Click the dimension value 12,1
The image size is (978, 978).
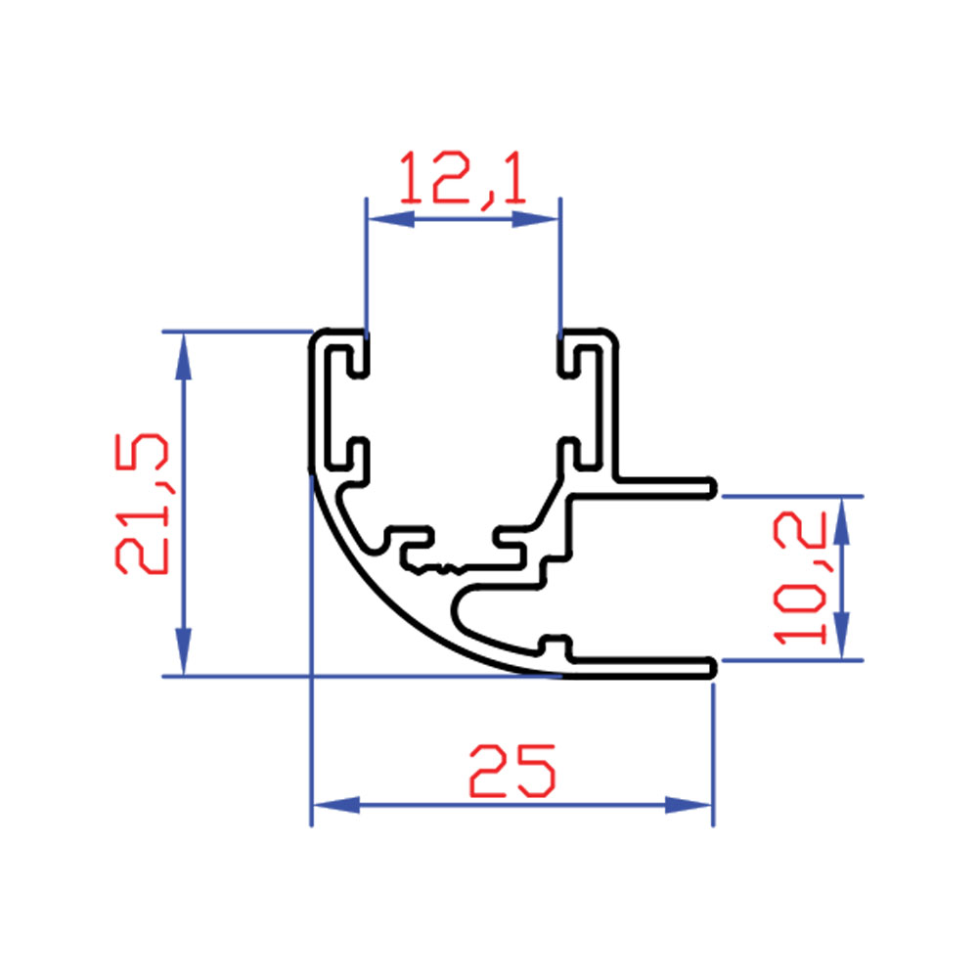(463, 178)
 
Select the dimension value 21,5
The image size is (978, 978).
(142, 504)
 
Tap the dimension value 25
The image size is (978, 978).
(512, 771)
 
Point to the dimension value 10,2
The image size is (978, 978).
(800, 578)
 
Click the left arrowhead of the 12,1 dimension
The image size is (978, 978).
(391, 219)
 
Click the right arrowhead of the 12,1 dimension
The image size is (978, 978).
(535, 219)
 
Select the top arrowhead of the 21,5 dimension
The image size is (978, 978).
(183, 356)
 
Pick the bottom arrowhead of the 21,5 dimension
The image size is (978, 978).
(183, 651)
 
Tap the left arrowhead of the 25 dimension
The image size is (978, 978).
(336, 805)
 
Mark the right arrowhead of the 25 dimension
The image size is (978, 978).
(689, 805)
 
